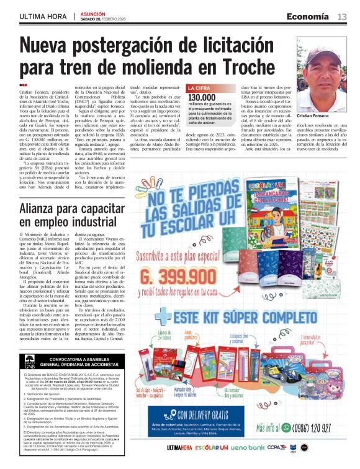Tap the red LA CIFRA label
point(200,89)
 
